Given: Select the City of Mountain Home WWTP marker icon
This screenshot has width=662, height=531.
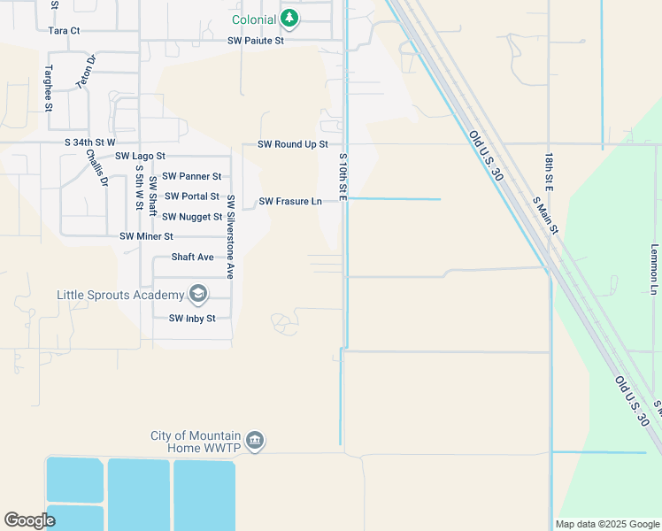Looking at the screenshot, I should (255, 440).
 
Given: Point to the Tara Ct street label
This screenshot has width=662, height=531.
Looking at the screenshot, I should (64, 30).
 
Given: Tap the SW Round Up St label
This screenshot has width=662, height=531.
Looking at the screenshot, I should (293, 144).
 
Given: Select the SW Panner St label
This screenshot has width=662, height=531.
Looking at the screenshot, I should (192, 176).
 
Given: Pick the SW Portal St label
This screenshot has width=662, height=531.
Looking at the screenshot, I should (192, 196).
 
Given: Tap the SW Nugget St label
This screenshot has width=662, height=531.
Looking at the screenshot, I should (192, 217).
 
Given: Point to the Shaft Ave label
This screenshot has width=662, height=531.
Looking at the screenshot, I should (193, 258).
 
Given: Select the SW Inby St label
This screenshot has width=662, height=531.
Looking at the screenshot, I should (192, 319).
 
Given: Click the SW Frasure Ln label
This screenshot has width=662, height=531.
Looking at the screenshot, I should (290, 202).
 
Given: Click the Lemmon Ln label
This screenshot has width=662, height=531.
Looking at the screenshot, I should (655, 269).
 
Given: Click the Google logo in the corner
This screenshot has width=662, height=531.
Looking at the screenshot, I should (30, 521).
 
